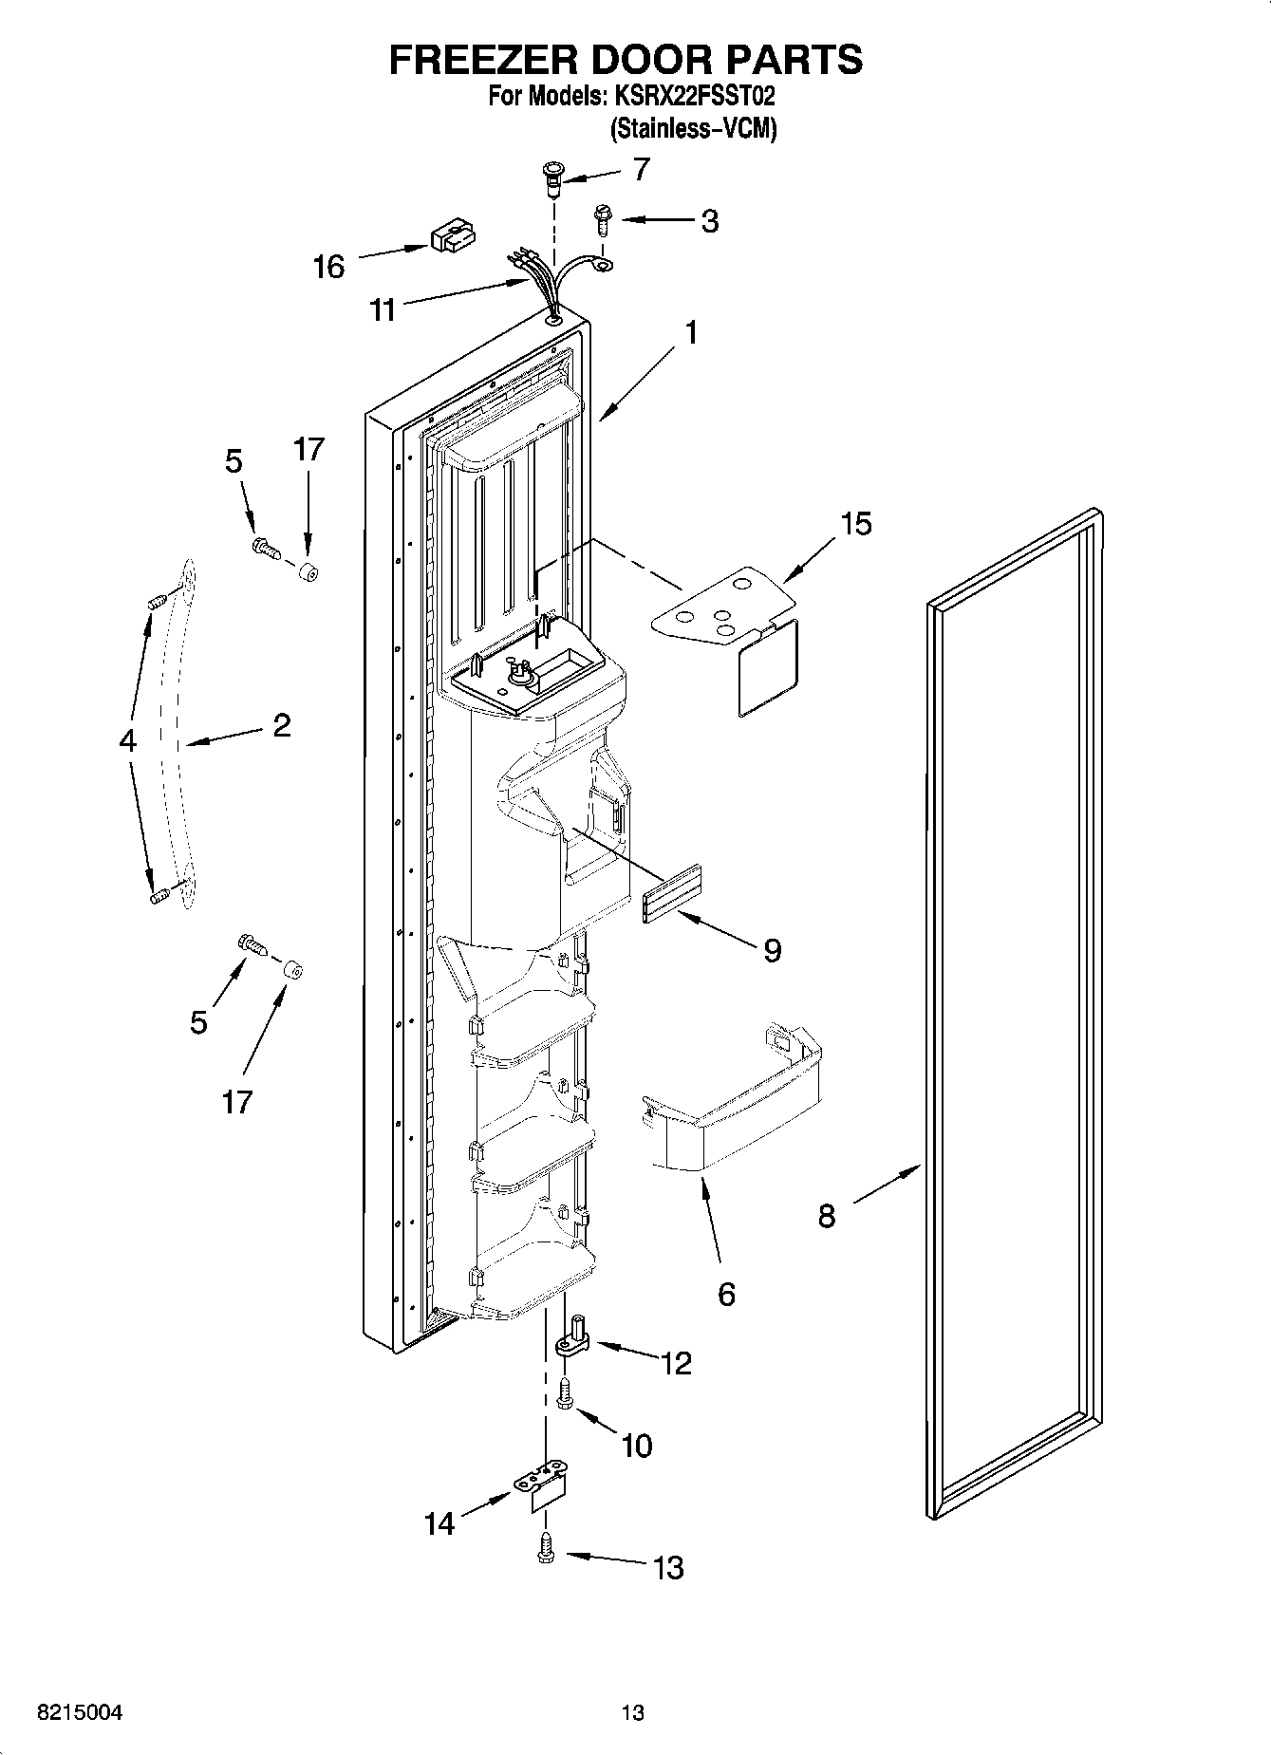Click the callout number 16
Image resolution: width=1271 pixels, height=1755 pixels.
coord(328,268)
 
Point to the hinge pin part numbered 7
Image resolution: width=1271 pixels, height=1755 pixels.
coord(551,177)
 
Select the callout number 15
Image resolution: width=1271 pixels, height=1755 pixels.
coord(855,524)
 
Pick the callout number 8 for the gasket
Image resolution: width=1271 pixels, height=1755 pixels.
coord(827,1216)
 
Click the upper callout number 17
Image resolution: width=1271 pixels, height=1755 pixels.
coord(308,449)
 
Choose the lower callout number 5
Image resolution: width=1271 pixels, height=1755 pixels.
coord(198,1022)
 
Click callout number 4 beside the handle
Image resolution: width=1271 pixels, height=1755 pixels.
coord(128,740)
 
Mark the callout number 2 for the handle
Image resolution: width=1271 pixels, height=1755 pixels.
coord(281,726)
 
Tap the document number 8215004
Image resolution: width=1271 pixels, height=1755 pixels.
coord(79,1712)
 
